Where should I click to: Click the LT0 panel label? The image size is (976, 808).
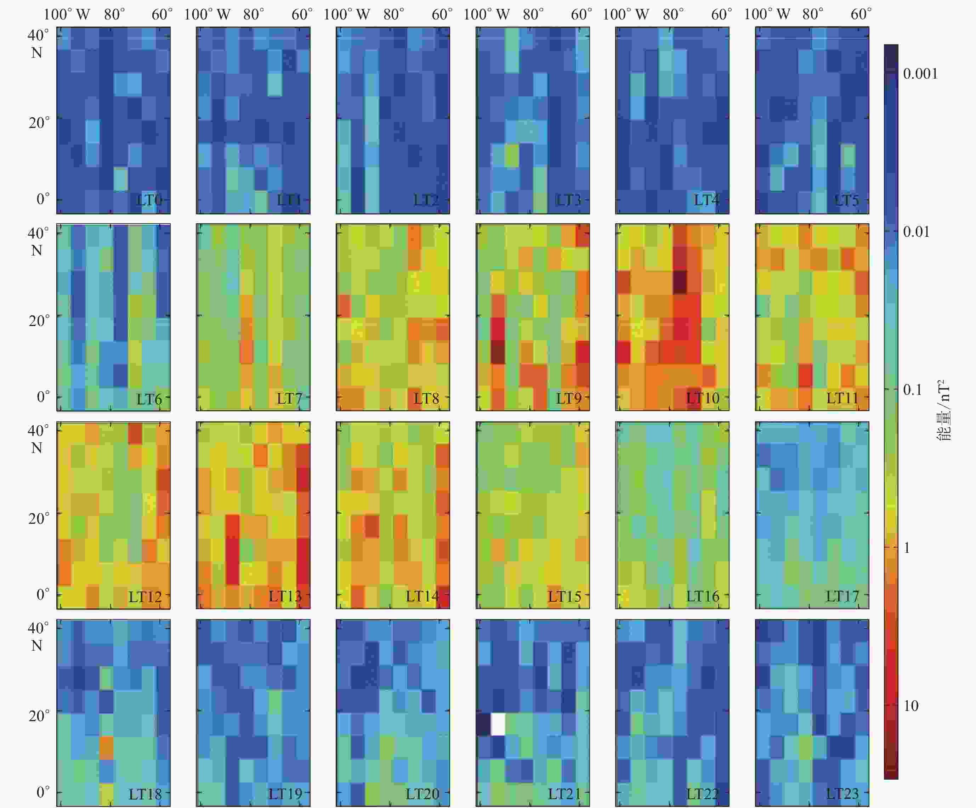point(149,201)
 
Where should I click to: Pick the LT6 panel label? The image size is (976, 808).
point(149,399)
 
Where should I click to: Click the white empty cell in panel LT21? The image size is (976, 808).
point(498,724)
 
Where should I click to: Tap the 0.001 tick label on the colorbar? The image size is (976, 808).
point(920,73)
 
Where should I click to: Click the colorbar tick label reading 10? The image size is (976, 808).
point(911,706)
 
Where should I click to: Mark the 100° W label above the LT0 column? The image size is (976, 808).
point(67,15)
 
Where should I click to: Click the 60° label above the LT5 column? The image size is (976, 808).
point(861,15)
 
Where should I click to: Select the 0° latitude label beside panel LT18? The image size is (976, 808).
point(43,792)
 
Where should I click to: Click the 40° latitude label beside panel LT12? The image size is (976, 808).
point(38,430)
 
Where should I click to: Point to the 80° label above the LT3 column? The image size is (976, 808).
point(533,15)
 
